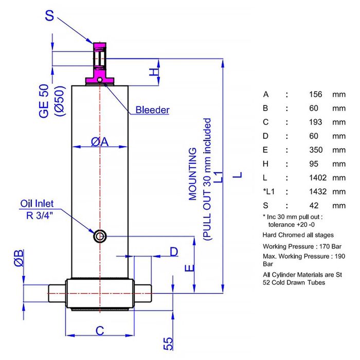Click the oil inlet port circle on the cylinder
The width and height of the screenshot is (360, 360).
[x=100, y=236]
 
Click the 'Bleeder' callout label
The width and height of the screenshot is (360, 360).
[x=152, y=110]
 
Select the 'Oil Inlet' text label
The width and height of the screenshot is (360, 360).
[x=37, y=204]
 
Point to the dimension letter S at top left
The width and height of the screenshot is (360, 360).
[x=49, y=15]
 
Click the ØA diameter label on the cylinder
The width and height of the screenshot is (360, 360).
[x=100, y=141]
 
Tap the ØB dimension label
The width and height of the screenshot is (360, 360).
[x=19, y=258]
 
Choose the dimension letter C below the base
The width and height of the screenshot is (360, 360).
[x=100, y=331]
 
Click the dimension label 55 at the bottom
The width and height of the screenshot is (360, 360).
[x=168, y=344]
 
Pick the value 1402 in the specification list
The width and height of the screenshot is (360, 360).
[x=318, y=178]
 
